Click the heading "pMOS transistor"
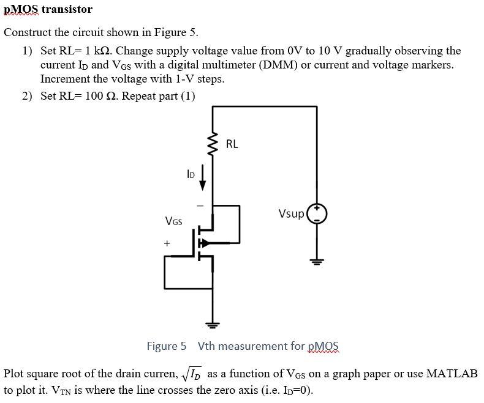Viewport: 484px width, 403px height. click(x=48, y=9)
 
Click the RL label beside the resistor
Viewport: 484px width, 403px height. click(x=232, y=144)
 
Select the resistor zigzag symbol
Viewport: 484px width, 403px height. click(x=213, y=145)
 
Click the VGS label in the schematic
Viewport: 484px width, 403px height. click(x=173, y=220)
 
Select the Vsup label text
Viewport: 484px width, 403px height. click(x=290, y=213)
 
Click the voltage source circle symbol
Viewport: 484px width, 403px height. click(x=317, y=213)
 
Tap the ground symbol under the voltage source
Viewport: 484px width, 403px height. click(x=317, y=262)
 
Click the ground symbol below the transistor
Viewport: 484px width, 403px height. click(x=213, y=323)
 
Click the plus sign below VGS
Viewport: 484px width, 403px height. click(x=165, y=243)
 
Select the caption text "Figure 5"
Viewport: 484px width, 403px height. click(x=166, y=346)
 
